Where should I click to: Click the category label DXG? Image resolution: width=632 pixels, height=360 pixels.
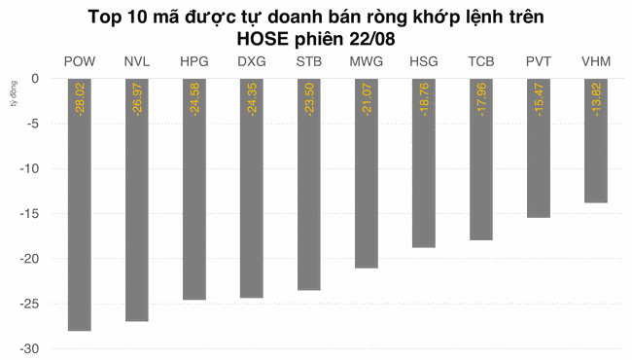(x=252, y=62)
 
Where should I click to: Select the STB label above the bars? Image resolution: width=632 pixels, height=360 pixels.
(x=309, y=62)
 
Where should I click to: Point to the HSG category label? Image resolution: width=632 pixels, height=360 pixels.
(x=423, y=62)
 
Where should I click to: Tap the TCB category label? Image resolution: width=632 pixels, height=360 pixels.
(x=480, y=62)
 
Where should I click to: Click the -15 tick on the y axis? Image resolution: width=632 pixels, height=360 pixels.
(x=32, y=214)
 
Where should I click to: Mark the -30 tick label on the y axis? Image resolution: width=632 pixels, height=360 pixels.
(x=32, y=349)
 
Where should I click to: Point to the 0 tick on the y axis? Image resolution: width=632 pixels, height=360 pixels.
(x=36, y=79)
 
